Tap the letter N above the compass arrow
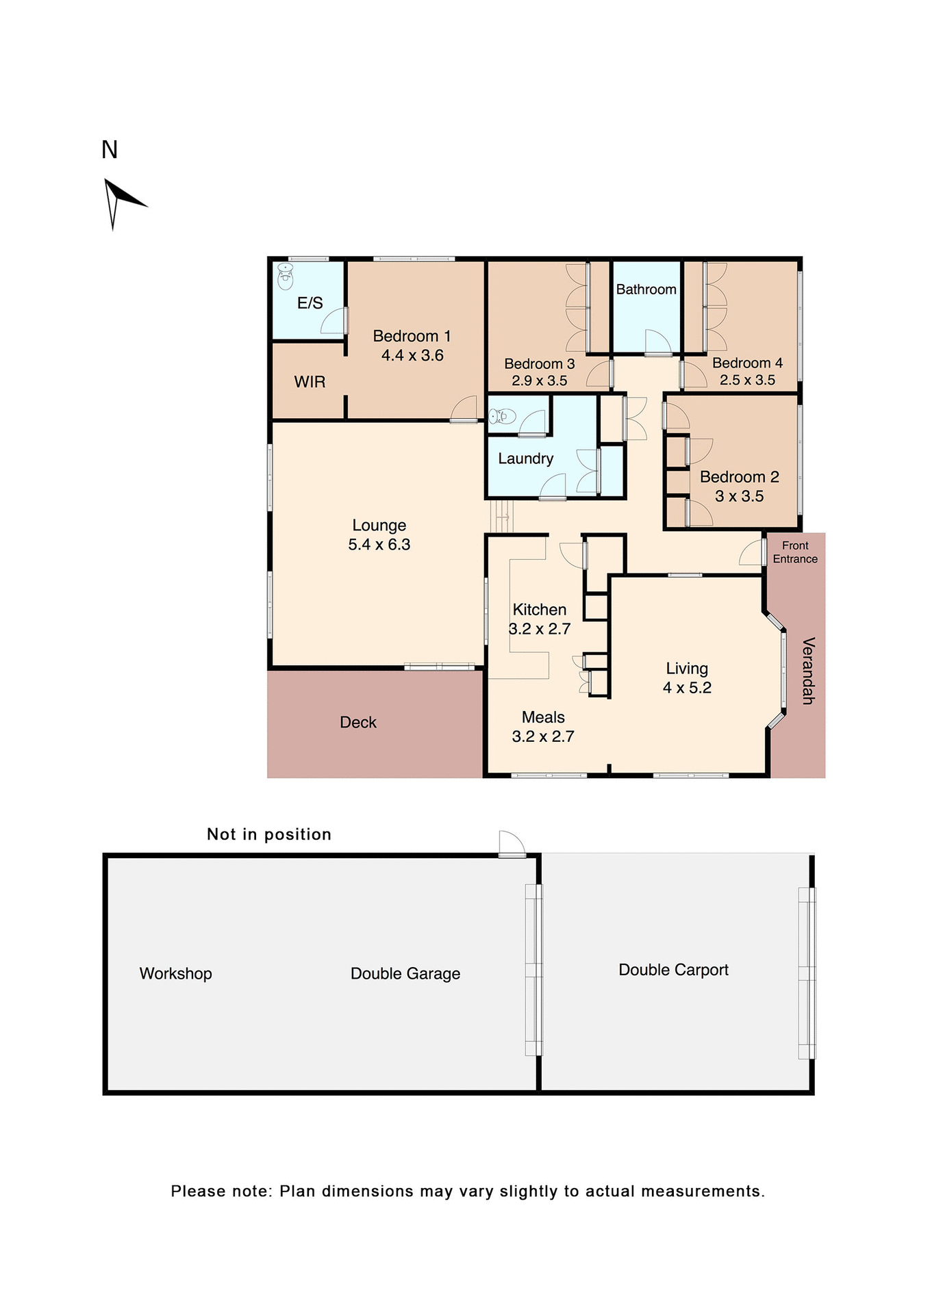pos(110,150)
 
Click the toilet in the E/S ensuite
pos(286,276)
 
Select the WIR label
pos(310,382)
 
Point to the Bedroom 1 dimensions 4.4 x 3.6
pos(412,355)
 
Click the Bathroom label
pos(646,289)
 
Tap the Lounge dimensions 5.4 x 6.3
pos(379,545)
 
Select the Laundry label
pos(525,459)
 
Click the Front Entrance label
pos(795,552)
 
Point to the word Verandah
pos(808,671)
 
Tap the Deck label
pos(358,723)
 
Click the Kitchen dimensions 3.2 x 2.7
pos(540,629)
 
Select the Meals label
pos(543,717)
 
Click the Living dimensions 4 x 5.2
pos(687,688)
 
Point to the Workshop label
pos(175,974)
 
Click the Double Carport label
pos(673,970)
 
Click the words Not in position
pos(269,834)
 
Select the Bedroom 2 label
pos(739,477)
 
